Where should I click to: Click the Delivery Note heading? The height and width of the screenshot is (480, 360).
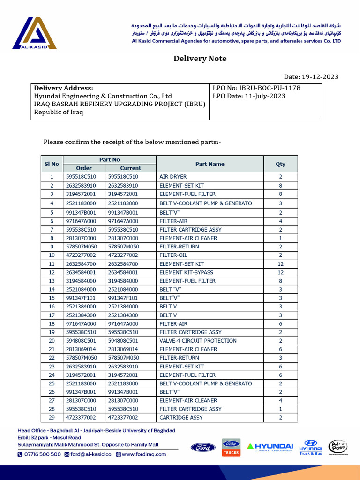point(200,59)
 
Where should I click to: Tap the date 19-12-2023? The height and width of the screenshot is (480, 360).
point(320,77)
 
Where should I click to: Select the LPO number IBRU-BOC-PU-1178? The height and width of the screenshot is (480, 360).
point(270,88)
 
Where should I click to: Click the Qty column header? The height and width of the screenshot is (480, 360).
point(280,164)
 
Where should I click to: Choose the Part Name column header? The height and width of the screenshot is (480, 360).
point(210,164)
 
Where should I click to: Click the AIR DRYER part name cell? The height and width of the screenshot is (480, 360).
point(173,177)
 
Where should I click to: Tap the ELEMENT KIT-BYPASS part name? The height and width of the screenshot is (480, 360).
point(186,272)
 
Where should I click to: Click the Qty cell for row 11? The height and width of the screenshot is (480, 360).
point(280,264)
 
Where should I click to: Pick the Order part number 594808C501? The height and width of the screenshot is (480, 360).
point(84,341)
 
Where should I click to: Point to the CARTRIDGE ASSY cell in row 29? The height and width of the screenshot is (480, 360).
point(181,417)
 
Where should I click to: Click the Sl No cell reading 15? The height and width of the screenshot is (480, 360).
point(52,298)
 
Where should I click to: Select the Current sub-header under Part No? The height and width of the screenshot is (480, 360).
point(130,168)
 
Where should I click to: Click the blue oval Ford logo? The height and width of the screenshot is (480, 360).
point(203,447)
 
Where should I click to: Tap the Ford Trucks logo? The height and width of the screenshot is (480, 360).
point(231,447)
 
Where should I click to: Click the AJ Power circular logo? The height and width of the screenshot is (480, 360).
point(338,447)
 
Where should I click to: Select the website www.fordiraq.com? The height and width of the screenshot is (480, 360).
point(144,454)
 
